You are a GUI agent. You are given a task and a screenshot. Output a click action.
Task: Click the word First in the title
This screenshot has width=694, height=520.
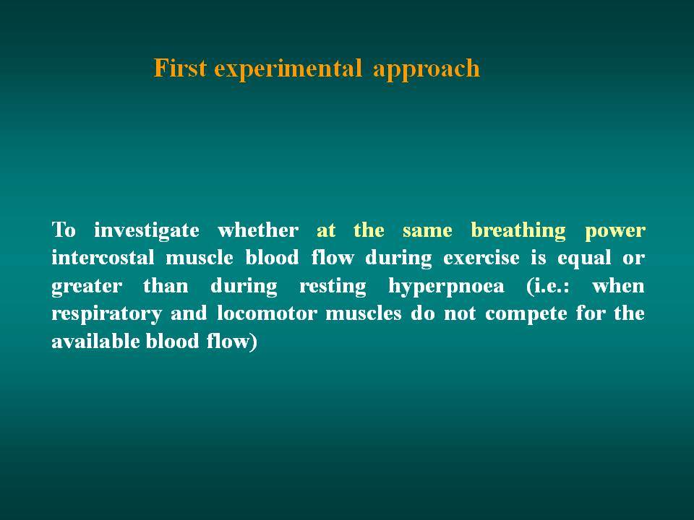tap(180, 68)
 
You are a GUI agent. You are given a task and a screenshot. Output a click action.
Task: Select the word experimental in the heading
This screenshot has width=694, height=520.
tap(288, 69)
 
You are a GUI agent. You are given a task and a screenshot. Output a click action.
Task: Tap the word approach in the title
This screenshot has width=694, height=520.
tap(427, 69)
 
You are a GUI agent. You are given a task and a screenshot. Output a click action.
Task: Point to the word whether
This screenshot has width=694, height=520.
tap(258, 230)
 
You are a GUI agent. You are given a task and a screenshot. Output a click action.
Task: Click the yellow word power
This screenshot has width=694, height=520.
tap(614, 232)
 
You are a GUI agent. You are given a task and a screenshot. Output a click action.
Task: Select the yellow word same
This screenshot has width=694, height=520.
tap(427, 231)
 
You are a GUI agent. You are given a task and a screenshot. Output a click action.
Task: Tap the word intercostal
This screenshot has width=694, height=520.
tap(103, 257)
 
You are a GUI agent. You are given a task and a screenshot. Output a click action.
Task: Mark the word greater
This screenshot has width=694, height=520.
tap(87, 287)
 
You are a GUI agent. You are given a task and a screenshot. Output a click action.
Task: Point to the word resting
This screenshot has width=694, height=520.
tap(333, 287)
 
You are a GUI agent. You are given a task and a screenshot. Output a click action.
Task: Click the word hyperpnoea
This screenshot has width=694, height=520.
tap(446, 287)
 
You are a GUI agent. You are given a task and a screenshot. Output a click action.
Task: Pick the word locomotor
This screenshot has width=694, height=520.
tap(267, 313)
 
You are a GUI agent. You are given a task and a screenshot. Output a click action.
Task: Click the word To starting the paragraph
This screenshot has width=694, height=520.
tap(64, 230)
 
